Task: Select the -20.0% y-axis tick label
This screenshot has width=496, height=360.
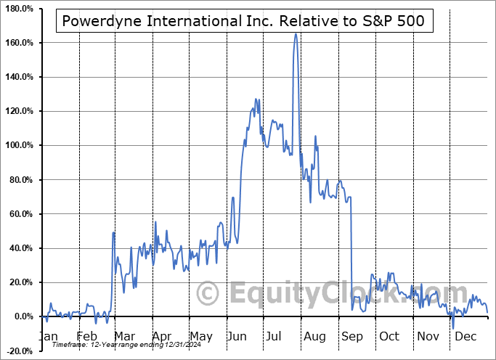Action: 20,351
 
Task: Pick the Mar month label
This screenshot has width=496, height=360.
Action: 125,336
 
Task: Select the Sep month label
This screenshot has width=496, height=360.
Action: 351,336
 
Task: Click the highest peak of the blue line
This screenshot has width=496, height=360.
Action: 296,34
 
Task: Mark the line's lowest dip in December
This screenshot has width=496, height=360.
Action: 453,328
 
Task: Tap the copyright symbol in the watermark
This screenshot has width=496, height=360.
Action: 208,293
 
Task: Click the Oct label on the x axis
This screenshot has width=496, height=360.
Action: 389,336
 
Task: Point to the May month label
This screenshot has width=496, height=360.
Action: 202,336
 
